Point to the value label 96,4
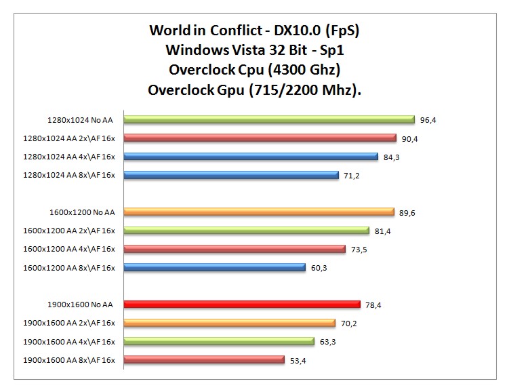click(428, 120)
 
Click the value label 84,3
click(391, 157)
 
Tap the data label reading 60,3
click(319, 268)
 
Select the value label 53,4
click(298, 360)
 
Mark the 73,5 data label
click(359, 250)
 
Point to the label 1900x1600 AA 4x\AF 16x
click(70, 342)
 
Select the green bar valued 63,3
click(218, 342)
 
